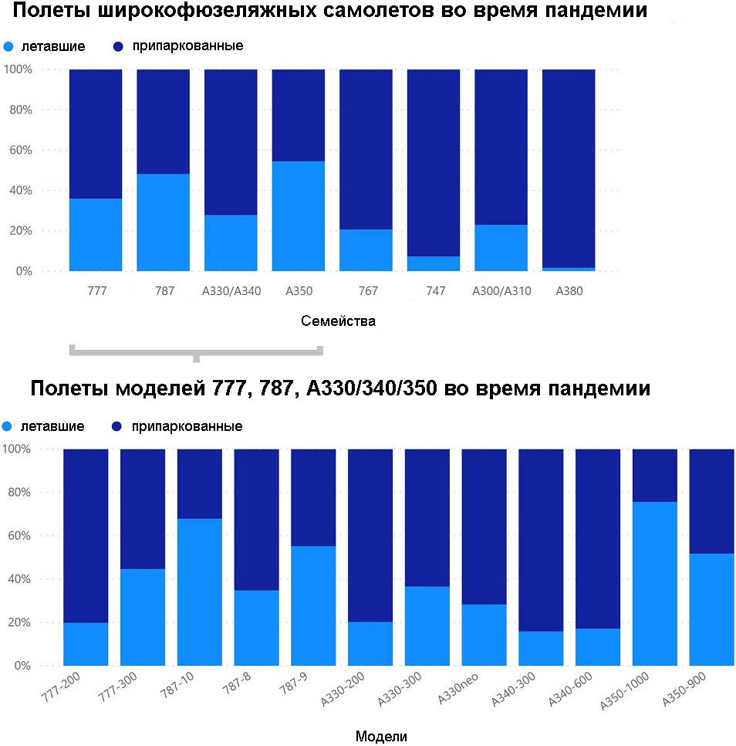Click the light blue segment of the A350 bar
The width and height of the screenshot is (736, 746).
point(298,216)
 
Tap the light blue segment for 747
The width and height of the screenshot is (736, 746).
point(434,263)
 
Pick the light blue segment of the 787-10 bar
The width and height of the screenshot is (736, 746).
point(200,592)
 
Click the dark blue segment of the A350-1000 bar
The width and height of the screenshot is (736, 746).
point(655,475)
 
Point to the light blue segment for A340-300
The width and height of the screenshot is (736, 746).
point(541,648)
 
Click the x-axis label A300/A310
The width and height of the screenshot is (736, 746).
point(501,292)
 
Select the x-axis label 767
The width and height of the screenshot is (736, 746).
point(368,292)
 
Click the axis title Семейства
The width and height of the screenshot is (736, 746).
point(338,321)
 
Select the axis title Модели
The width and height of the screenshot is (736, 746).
point(381,736)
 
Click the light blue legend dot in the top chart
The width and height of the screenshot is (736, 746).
point(8,46)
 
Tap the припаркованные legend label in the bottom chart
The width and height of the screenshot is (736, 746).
point(187,426)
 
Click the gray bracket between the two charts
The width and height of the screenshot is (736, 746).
point(196,351)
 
